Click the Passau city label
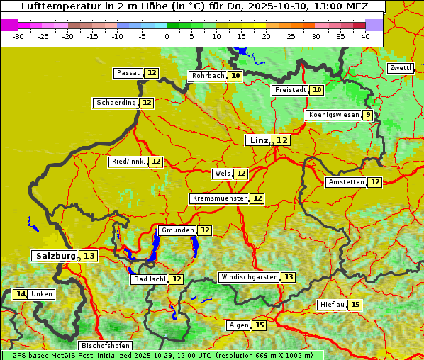point(129,73)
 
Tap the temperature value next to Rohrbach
point(235,76)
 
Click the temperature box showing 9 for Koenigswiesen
point(367,115)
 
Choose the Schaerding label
point(116,103)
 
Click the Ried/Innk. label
point(128,162)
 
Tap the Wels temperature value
point(241,174)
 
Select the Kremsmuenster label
point(219,198)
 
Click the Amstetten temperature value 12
point(374,182)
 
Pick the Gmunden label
point(177,230)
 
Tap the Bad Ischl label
point(149,279)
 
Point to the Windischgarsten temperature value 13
point(288,277)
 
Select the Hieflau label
point(333,305)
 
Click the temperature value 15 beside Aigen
point(259,325)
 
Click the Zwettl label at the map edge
point(400,68)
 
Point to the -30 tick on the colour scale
point(18,36)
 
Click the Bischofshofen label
point(105,345)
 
